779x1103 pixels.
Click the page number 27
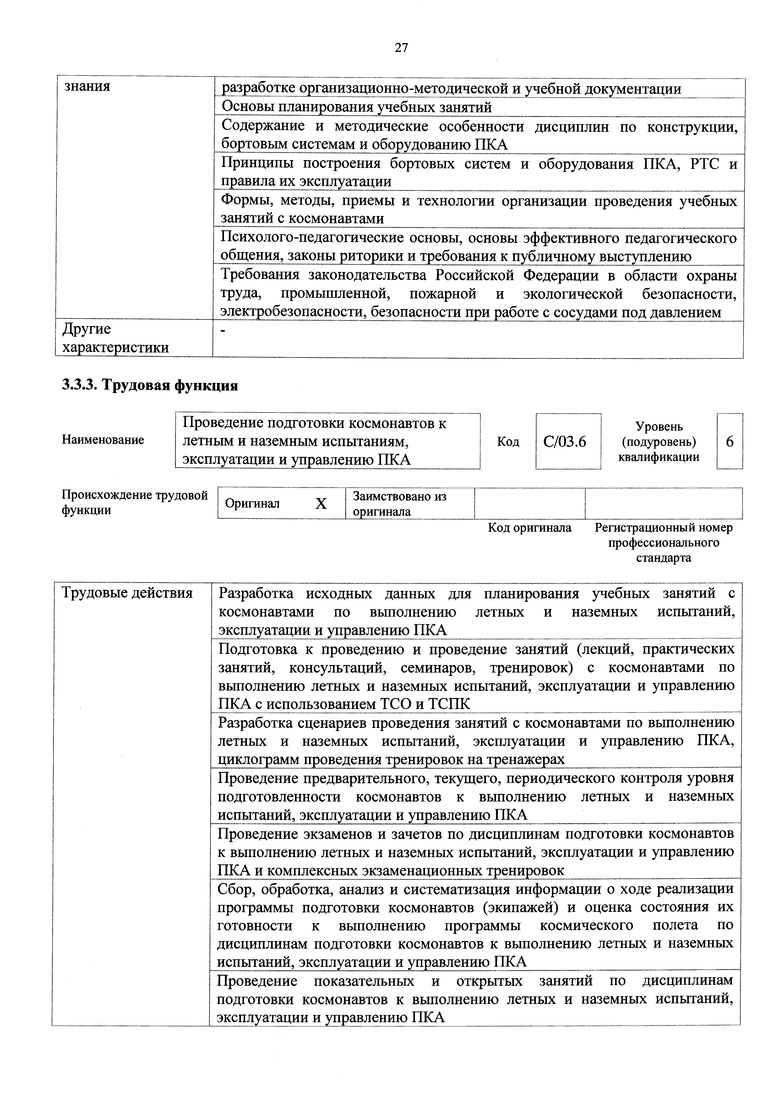(x=401, y=47)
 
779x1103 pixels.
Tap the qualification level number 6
(x=730, y=441)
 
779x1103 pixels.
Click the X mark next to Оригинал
(x=321, y=503)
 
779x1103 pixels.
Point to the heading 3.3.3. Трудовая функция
(x=150, y=385)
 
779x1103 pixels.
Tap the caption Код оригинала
(x=529, y=528)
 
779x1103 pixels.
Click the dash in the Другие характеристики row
(x=222, y=330)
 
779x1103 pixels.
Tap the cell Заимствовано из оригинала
(x=399, y=503)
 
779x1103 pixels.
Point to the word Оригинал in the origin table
(x=252, y=503)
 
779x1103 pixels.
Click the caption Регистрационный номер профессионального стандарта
(x=663, y=543)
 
